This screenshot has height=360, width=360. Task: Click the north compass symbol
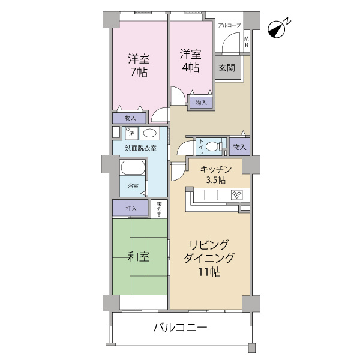(x=277, y=29)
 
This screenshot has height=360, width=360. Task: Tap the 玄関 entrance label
(x=226, y=68)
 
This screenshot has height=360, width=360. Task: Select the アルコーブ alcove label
(x=229, y=25)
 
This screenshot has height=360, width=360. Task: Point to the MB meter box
(x=247, y=41)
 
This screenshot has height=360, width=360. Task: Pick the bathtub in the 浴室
(x=133, y=168)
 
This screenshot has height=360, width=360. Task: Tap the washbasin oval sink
(x=150, y=133)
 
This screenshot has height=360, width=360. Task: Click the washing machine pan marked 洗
(x=131, y=133)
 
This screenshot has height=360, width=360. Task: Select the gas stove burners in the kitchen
(x=237, y=195)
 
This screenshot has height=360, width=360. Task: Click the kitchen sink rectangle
(x=211, y=195)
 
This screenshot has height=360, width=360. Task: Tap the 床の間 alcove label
(x=159, y=209)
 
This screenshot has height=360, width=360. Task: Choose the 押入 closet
(x=130, y=208)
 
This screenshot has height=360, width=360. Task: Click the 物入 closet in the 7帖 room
(x=129, y=118)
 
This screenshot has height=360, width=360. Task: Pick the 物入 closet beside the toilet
(x=239, y=147)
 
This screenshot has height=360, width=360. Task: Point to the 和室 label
(x=139, y=257)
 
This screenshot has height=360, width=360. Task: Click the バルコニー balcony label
(x=180, y=328)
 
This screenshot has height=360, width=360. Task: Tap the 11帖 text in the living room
(x=209, y=272)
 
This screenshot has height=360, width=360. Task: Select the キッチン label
(x=216, y=170)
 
